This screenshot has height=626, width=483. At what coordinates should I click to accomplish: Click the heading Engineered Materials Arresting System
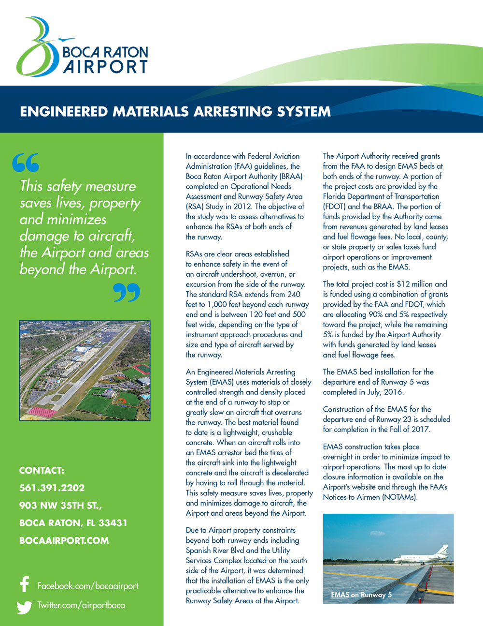tap(175, 111)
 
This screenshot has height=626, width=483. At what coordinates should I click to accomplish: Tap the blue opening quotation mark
tap(26, 163)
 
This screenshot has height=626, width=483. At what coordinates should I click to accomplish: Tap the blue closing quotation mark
tap(127, 293)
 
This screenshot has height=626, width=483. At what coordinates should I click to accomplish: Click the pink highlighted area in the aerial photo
tap(41, 413)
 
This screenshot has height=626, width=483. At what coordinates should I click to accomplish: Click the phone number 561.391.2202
tap(52, 488)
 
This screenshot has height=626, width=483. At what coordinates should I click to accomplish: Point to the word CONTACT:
tap(42, 471)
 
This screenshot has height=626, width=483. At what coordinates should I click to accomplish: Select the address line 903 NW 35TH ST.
tap(60, 506)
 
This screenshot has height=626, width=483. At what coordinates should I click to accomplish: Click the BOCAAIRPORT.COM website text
tap(64, 540)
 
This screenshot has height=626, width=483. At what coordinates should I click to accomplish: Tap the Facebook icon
tap(25, 584)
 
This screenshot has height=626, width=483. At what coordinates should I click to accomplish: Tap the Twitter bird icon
tap(24, 606)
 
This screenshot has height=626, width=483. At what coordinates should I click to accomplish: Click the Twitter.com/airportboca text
tap(81, 605)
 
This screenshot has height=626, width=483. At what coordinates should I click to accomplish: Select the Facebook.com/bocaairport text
tap(87, 586)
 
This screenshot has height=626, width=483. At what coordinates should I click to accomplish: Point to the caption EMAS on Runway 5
tap(361, 595)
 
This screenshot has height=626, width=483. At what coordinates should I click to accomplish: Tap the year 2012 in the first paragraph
tap(242, 207)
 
